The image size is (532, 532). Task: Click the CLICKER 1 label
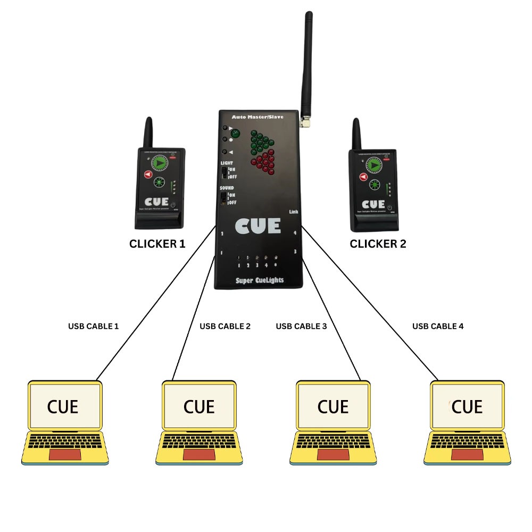pyautogui.click(x=157, y=244)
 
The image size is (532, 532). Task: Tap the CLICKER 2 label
pyautogui.click(x=378, y=244)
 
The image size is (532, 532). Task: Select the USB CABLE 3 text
pyautogui.click(x=301, y=326)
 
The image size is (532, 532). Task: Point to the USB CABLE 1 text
pyautogui.click(x=94, y=326)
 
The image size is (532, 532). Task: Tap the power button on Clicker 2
pyautogui.click(x=389, y=207)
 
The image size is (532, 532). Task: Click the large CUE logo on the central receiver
pyautogui.click(x=258, y=226)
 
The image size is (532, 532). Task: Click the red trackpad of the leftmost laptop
pyautogui.click(x=65, y=454)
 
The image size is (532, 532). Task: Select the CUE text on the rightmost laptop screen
pyautogui.click(x=467, y=407)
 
